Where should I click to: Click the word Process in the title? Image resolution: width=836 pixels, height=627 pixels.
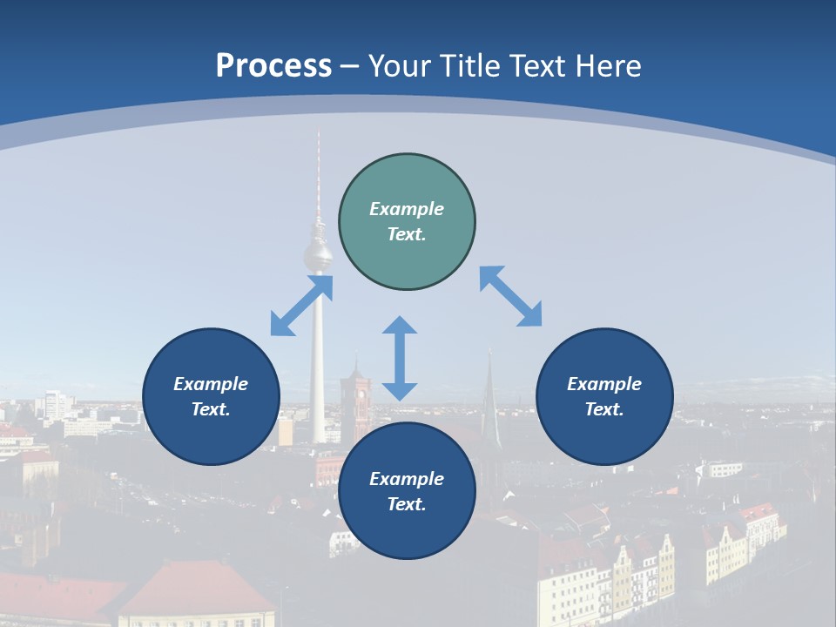pyautogui.click(x=273, y=66)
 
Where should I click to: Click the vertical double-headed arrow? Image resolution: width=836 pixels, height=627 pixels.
pyautogui.click(x=400, y=358)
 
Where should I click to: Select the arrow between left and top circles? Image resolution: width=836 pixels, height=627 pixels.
pyautogui.click(x=301, y=305)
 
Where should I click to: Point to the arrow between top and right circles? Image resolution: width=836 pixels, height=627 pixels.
pyautogui.click(x=511, y=296)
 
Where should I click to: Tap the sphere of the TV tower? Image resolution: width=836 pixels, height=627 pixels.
pyautogui.click(x=317, y=255)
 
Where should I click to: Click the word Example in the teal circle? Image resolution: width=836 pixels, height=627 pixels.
pyautogui.click(x=407, y=209)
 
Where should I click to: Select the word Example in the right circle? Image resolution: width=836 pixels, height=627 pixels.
pyautogui.click(x=604, y=384)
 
